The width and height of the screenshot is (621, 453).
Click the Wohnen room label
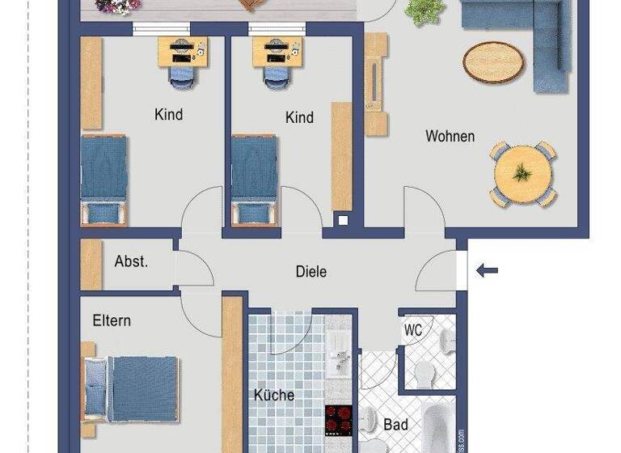[x=450, y=136]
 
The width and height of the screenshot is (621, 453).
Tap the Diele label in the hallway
[x=310, y=272]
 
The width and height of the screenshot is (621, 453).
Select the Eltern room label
[x=112, y=320]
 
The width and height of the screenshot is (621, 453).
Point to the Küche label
[x=274, y=396]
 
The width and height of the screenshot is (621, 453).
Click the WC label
[x=413, y=330]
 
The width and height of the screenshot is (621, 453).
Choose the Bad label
[x=395, y=424]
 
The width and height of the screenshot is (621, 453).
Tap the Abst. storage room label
[x=131, y=261]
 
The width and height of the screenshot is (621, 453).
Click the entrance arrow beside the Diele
[x=487, y=270]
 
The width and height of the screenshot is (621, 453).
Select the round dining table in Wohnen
[x=522, y=172]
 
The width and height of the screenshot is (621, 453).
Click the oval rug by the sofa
[x=492, y=61]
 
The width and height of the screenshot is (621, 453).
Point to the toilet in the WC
[x=422, y=375]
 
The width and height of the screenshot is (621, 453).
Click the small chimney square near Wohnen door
[x=343, y=220]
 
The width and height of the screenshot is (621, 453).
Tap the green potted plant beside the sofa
[x=424, y=11]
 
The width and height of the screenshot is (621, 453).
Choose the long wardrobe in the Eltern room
[x=233, y=372]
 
